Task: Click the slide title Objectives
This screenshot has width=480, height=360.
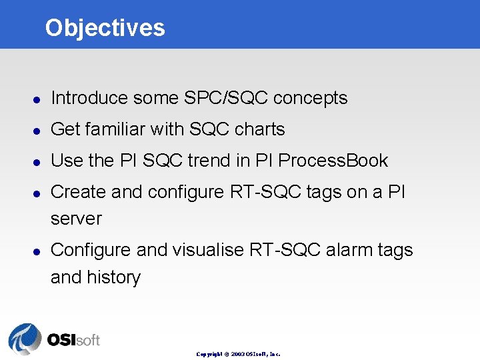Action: [105, 27]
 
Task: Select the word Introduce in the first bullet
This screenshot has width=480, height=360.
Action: [89, 98]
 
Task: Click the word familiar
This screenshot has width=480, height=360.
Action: [118, 129]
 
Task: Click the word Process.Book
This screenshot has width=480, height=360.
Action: [333, 161]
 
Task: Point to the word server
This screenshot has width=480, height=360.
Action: [76, 219]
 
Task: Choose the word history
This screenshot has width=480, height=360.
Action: [114, 278]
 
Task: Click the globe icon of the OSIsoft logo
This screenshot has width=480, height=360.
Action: [25, 339]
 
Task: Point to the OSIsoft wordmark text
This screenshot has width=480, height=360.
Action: [73, 340]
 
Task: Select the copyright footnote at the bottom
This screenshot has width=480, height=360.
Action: [238, 354]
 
